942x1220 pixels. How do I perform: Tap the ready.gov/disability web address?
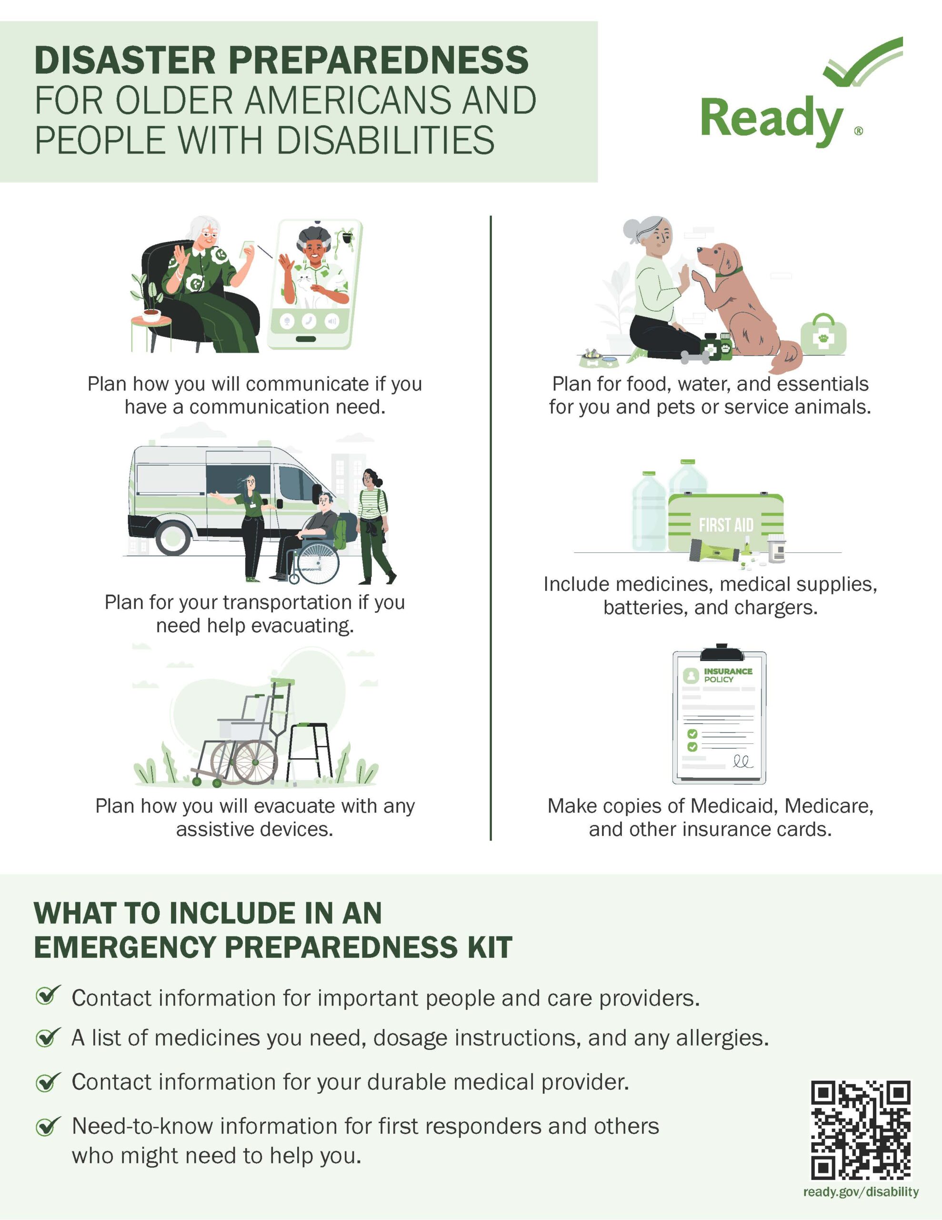click(x=861, y=1192)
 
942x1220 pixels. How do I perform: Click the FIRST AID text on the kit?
click(x=726, y=525)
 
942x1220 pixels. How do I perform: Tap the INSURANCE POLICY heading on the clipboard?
click(x=728, y=675)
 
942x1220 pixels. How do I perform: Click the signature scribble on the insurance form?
click(x=742, y=761)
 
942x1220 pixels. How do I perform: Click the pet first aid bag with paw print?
click(x=823, y=334)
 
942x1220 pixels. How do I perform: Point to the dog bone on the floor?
click(x=695, y=356)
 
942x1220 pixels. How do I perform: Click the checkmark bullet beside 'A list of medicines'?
click(x=48, y=1037)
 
